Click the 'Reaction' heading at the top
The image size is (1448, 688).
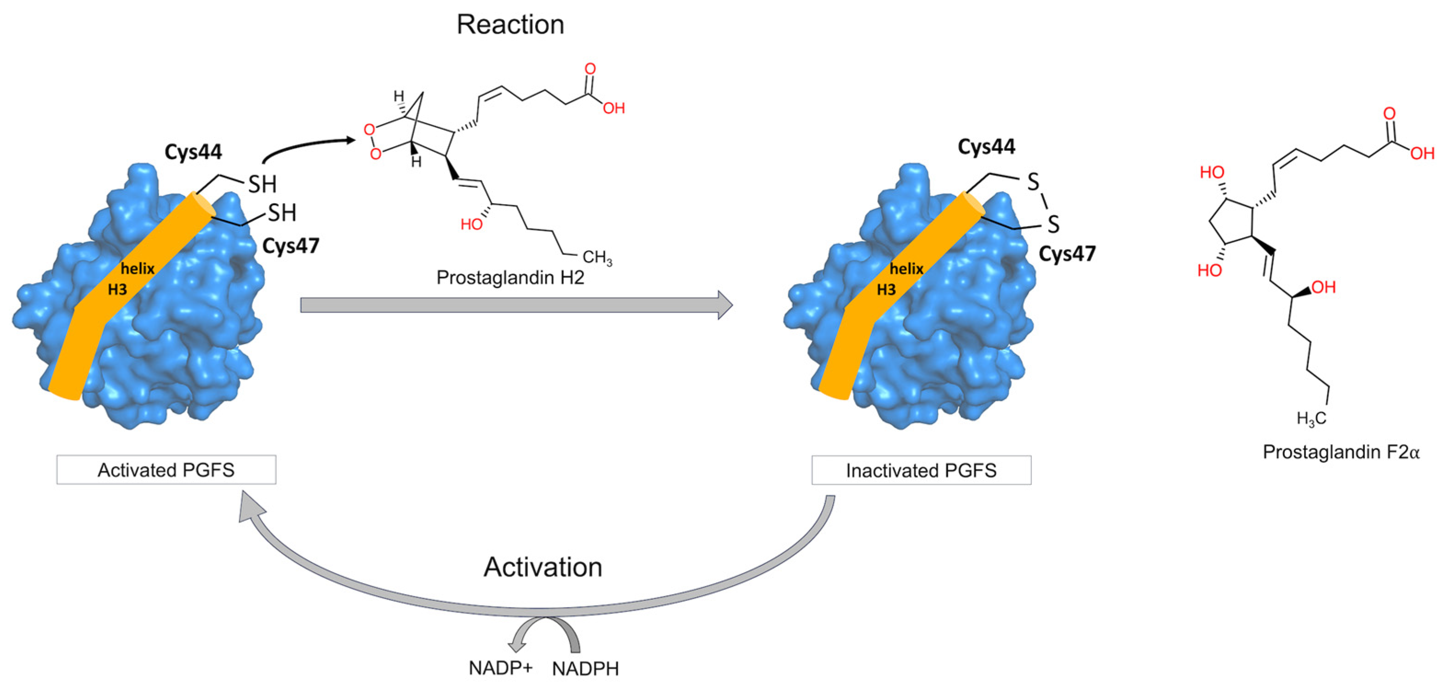(510, 25)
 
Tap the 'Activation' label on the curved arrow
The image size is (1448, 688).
(543, 567)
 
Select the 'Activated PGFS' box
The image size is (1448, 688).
(166, 470)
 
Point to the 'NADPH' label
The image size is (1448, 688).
(585, 669)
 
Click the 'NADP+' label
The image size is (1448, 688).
(500, 668)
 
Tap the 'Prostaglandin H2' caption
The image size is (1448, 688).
(510, 278)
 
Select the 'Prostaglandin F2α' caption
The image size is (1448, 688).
(1341, 452)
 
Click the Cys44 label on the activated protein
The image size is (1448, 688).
(193, 152)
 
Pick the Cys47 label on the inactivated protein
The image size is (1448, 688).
(1067, 254)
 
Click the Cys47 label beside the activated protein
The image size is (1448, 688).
(291, 246)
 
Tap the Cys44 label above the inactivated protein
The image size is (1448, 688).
(986, 147)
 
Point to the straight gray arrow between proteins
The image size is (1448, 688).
(516, 305)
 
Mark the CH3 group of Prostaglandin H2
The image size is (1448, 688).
(597, 258)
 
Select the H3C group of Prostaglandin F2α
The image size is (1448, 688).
(1311, 418)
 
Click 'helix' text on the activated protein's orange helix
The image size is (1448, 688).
(137, 269)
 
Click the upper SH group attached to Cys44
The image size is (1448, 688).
(263, 184)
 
